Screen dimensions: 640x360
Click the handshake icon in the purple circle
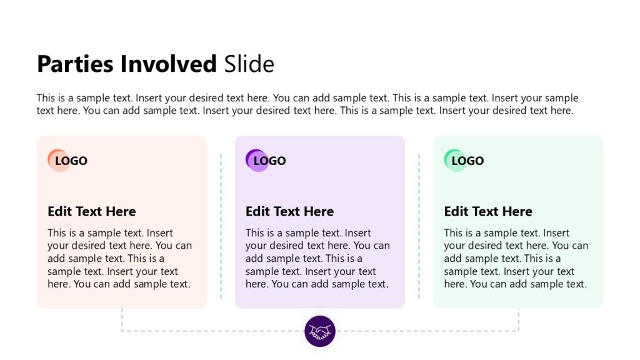[319, 331]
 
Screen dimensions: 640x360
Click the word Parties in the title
[75, 64]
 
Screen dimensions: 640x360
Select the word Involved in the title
[168, 64]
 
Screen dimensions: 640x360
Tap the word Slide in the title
[249, 64]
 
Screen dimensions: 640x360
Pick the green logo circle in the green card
[455, 161]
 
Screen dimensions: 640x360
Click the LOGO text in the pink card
[71, 161]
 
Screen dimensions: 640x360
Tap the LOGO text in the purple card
[270, 161]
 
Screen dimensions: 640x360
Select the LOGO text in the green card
[467, 161]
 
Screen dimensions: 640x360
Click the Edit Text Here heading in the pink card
[92, 211]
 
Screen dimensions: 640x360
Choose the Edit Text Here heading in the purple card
[290, 211]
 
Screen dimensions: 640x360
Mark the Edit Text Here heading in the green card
[488, 211]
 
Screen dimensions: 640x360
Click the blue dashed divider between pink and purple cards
[221, 226]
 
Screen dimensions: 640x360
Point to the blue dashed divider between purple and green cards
[419, 226]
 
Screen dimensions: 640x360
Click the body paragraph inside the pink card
[119, 258]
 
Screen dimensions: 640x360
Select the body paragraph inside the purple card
[317, 258]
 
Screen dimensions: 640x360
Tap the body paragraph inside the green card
[516, 258]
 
